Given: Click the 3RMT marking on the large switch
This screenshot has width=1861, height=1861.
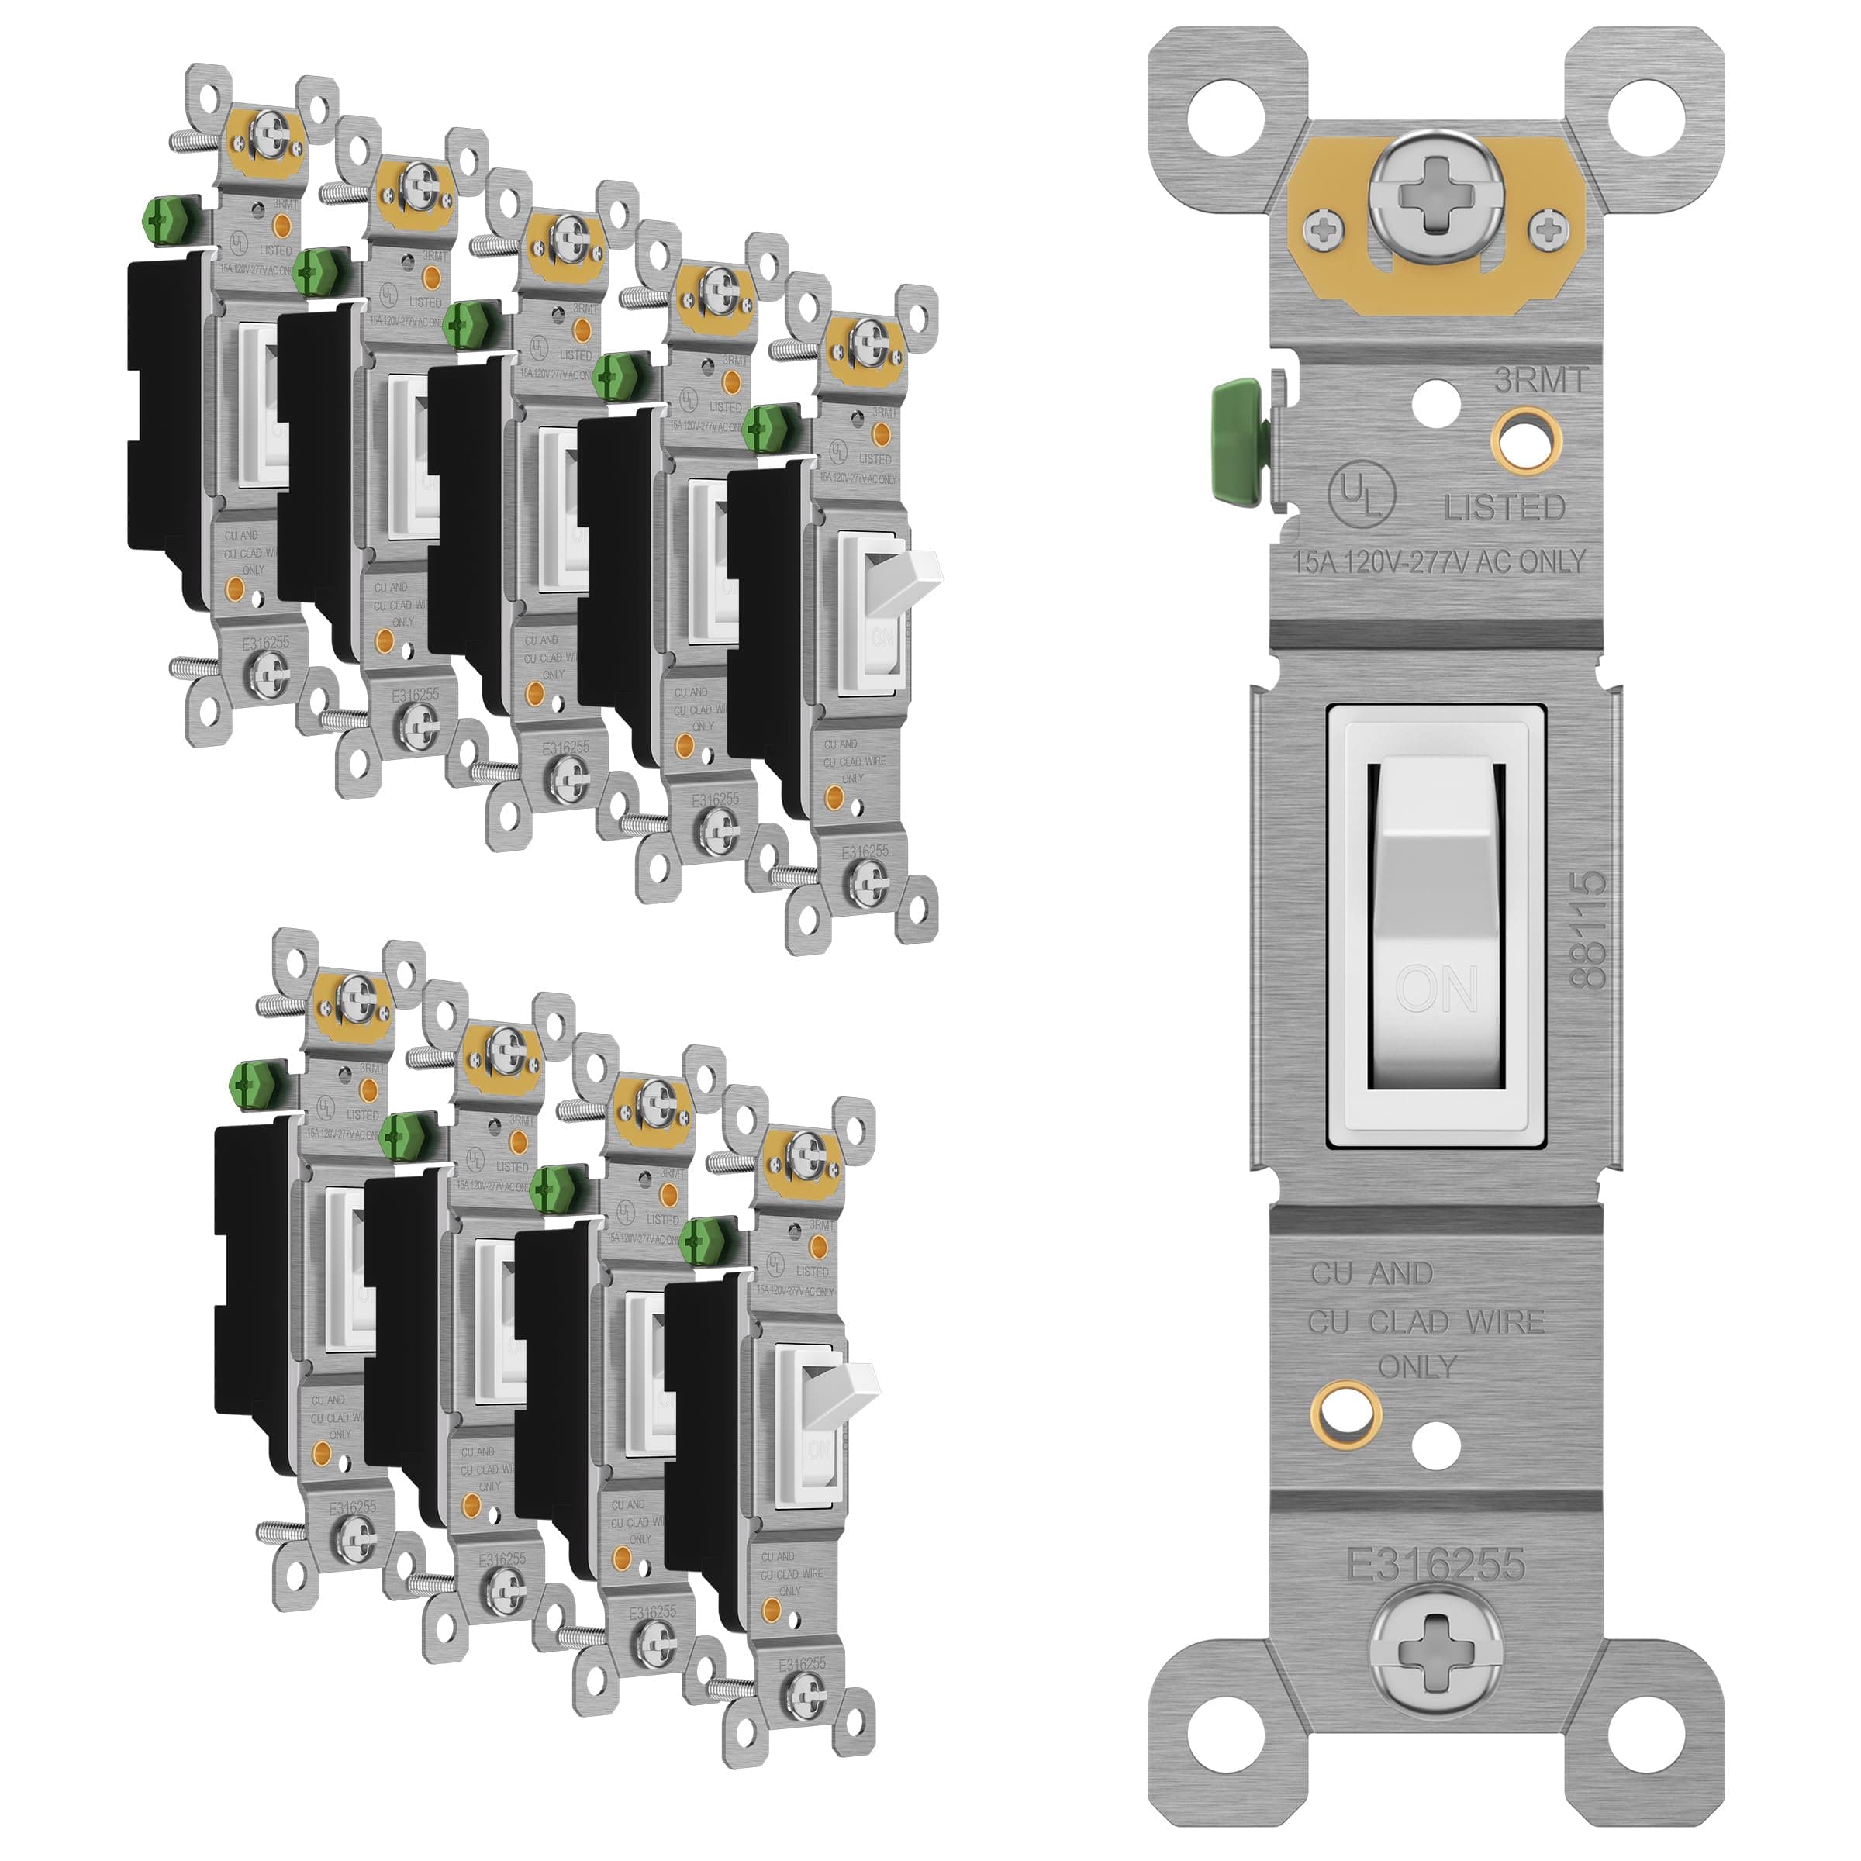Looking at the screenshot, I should [1539, 381].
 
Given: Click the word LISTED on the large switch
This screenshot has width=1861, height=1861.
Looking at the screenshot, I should [1504, 508].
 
